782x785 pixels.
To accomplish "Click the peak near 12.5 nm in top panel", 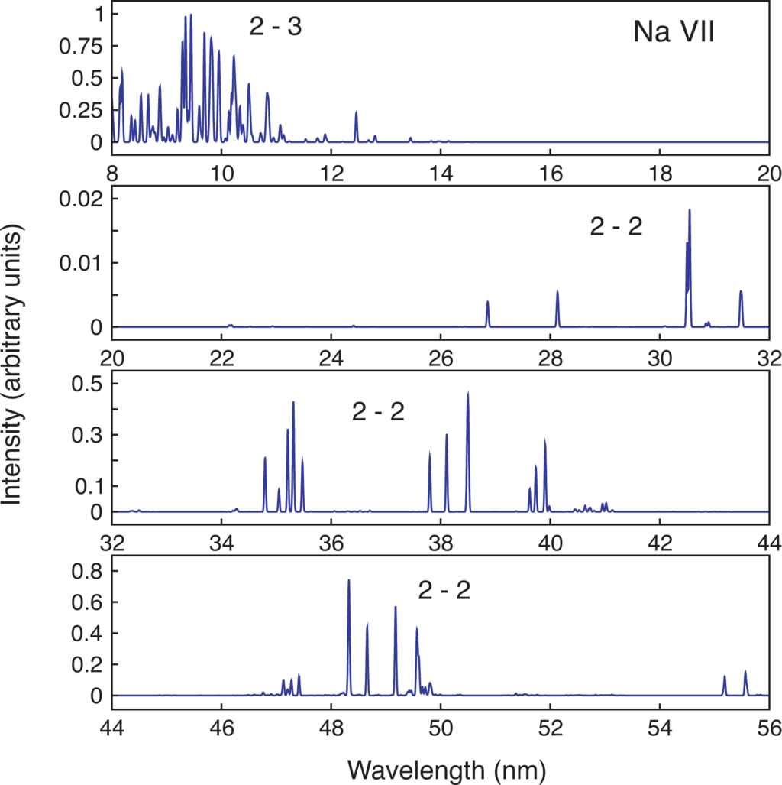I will tap(356, 113).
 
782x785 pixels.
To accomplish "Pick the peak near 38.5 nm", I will tap(467, 394).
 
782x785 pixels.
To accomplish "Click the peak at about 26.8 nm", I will tap(487, 303).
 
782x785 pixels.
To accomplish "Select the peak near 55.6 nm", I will tap(745, 672).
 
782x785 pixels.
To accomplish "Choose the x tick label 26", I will tap(440, 357).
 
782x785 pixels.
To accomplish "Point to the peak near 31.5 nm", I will tap(741, 292).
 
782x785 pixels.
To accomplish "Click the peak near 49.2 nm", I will tap(396, 608).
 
